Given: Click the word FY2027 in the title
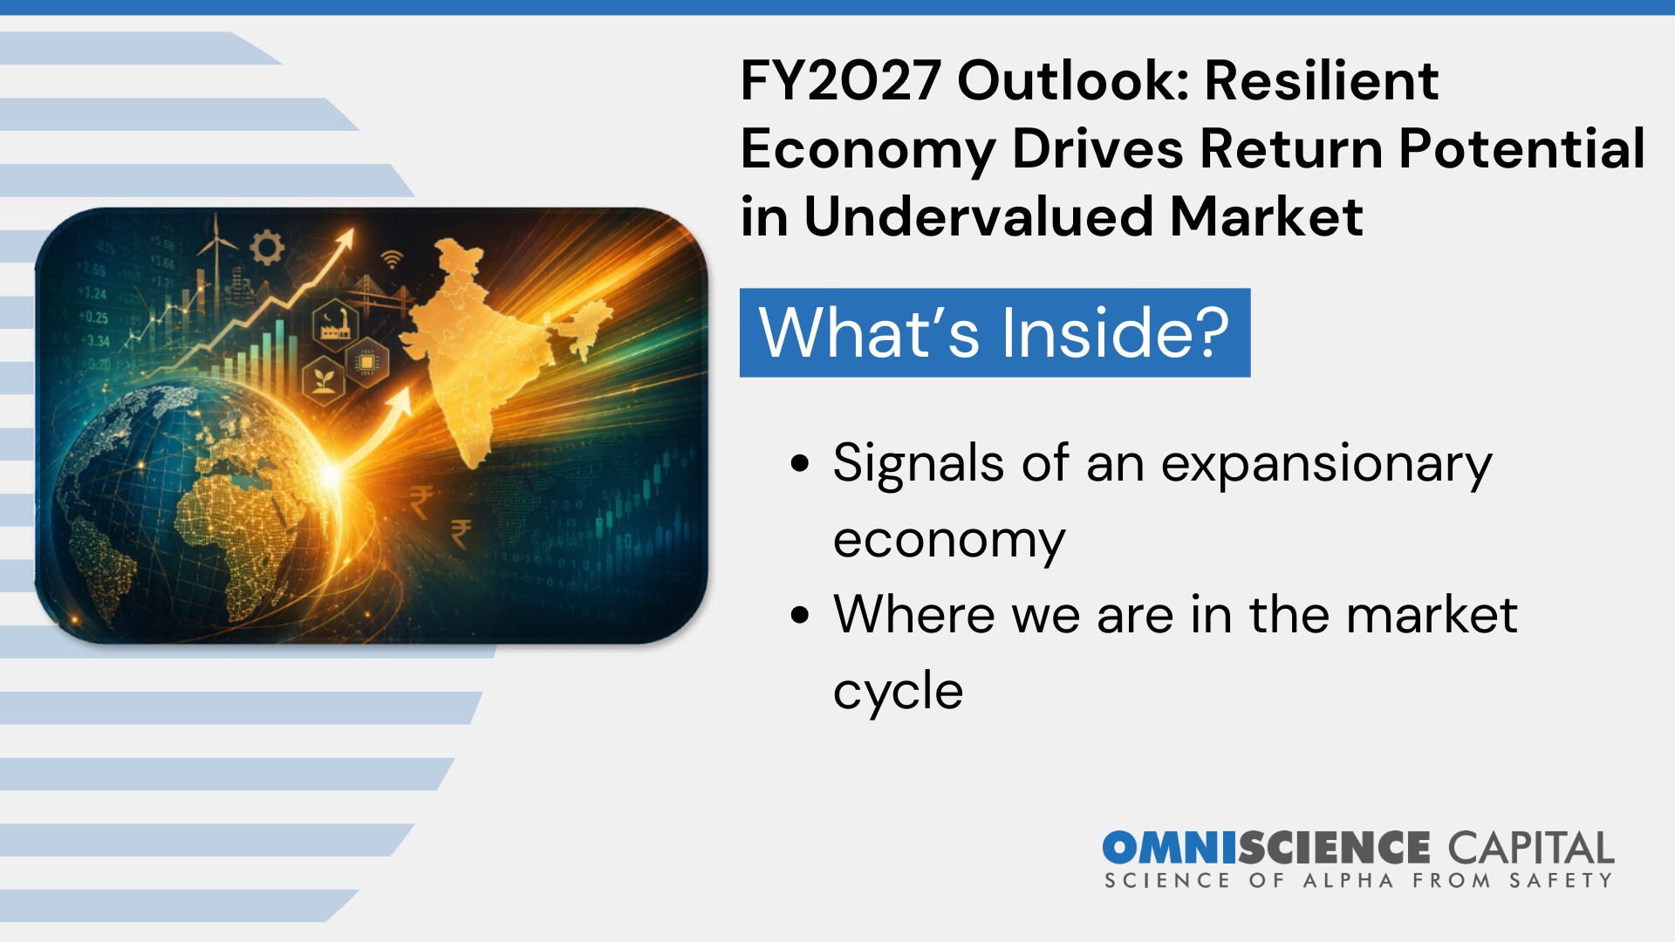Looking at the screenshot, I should click(x=840, y=81).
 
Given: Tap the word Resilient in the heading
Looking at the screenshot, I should click(x=1321, y=81).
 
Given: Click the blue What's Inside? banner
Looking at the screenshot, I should click(x=995, y=332).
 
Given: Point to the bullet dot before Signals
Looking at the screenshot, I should click(x=800, y=463).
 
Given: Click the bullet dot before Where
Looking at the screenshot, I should click(x=800, y=615).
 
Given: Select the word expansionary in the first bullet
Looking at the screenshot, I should click(x=1326, y=463).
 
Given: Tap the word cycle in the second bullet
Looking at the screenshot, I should click(x=898, y=692).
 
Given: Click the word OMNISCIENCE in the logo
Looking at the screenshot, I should click(x=1265, y=848).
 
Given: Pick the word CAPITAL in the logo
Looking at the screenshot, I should click(x=1531, y=848).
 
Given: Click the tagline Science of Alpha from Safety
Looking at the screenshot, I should click(x=1358, y=881).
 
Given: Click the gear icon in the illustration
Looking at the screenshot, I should click(x=267, y=248).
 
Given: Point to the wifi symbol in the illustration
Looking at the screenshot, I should click(x=393, y=259).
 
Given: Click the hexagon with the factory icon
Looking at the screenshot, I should click(x=335, y=324).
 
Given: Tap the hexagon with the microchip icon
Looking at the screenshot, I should click(x=367, y=362).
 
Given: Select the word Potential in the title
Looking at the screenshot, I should click(x=1521, y=148).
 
